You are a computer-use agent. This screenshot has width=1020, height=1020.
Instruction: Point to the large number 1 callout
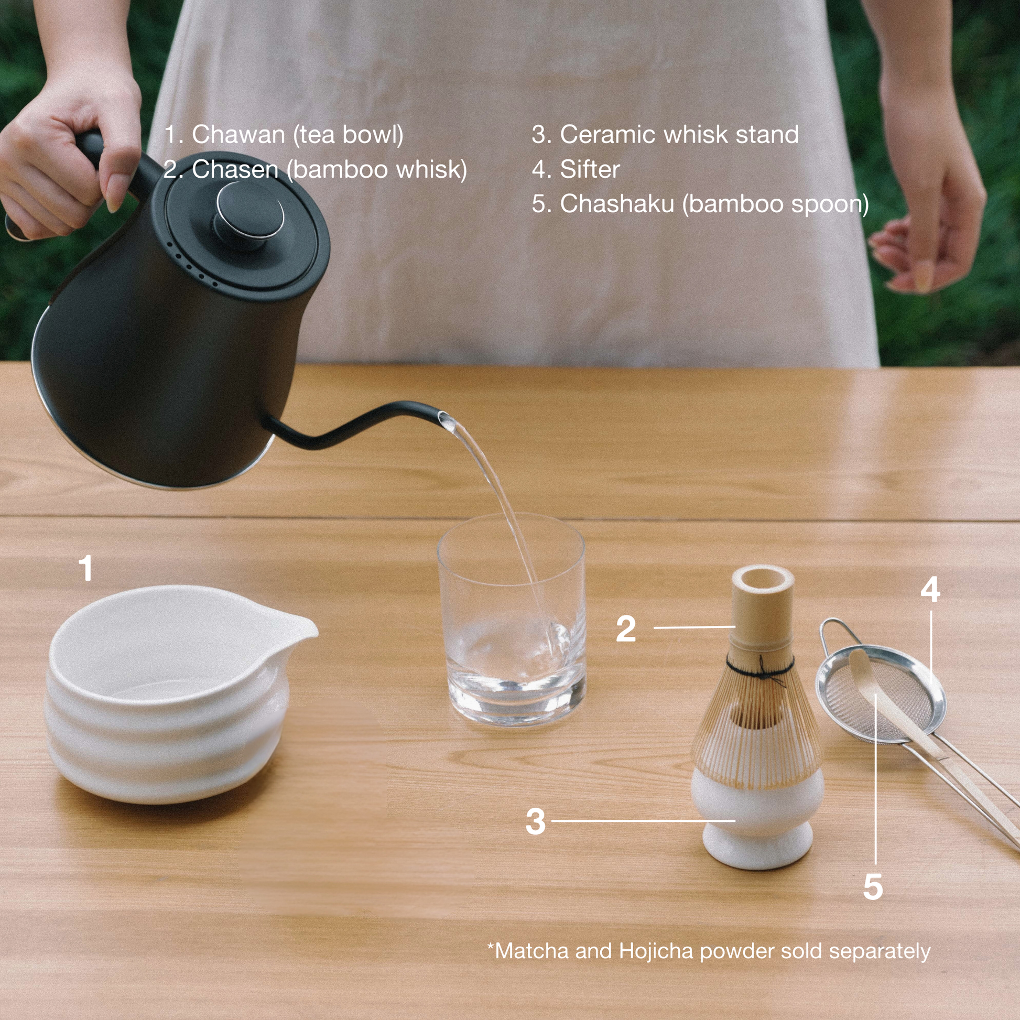click(85, 568)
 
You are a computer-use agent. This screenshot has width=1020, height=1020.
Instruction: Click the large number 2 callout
click(626, 628)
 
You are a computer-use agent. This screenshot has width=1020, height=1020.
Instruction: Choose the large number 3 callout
click(535, 821)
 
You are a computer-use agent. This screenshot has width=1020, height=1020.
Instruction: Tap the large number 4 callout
click(930, 589)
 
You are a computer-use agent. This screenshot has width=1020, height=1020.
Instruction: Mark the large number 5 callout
click(873, 887)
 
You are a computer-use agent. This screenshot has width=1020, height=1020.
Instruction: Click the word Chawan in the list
click(238, 135)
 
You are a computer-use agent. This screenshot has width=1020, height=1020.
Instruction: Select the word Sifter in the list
click(590, 169)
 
